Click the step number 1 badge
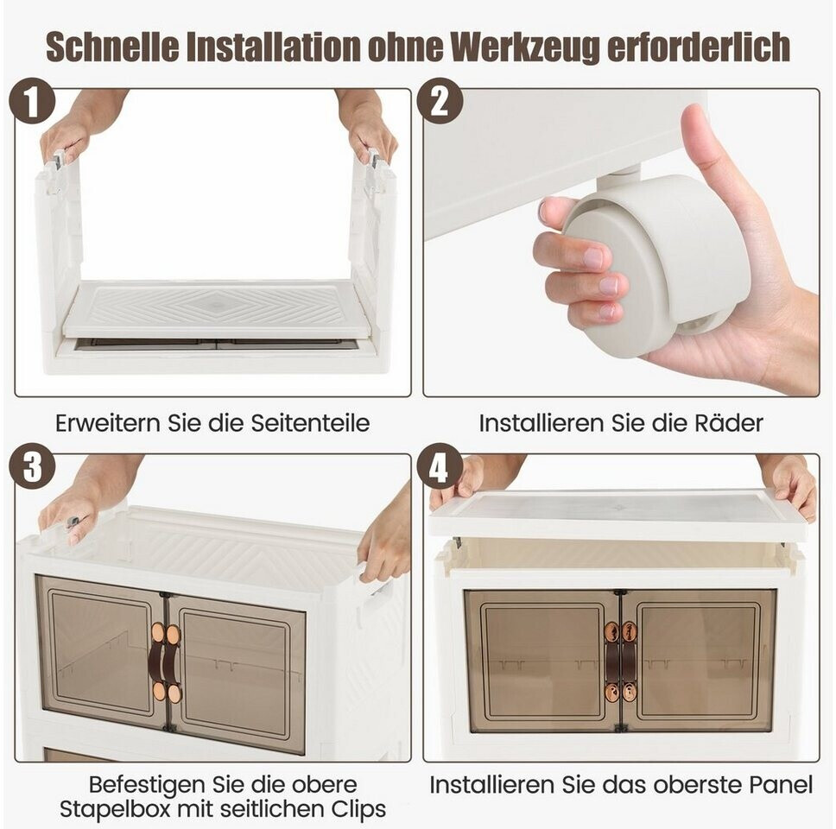(33, 101)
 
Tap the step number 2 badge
(440, 101)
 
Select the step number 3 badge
(33, 467)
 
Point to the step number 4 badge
(440, 467)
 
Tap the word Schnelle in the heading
(112, 46)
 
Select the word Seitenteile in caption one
(310, 423)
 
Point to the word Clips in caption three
(358, 809)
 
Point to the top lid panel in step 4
(621, 515)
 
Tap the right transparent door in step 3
(236, 673)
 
